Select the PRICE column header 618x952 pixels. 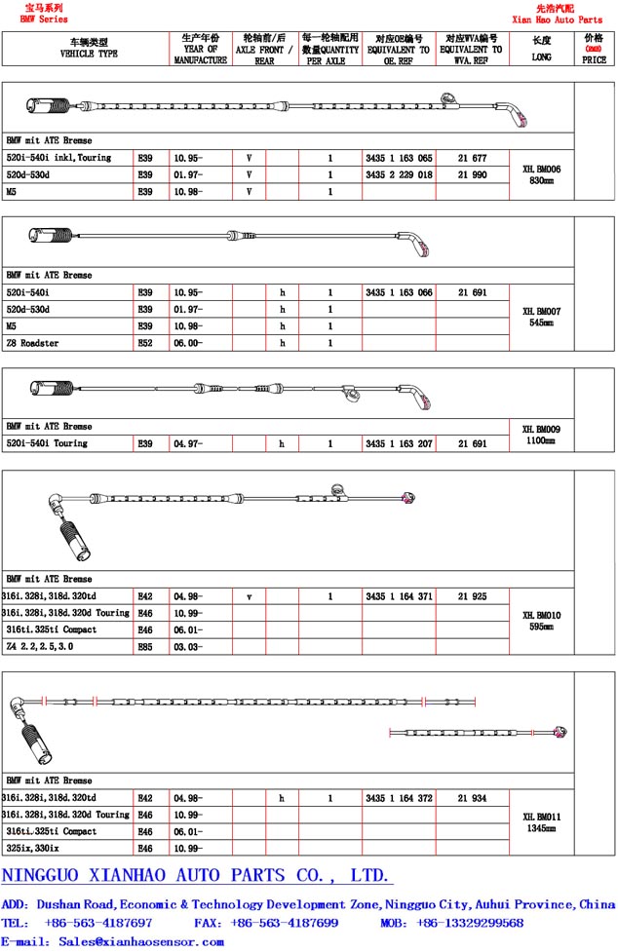coord(594,51)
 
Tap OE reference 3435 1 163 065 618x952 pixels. coord(398,158)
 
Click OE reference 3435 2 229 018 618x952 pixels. coord(398,174)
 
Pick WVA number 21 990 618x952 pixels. coord(472,174)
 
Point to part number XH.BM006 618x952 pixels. coord(541,169)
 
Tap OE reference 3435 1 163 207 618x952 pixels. coord(398,443)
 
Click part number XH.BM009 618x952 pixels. coord(541,429)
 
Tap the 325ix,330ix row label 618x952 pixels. coord(33,848)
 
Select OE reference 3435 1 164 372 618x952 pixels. coord(398,798)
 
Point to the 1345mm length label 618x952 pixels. coord(541,829)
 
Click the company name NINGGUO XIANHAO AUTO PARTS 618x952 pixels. coord(195,875)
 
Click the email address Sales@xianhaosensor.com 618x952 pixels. coord(141,941)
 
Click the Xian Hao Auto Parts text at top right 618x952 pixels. coord(557,19)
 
